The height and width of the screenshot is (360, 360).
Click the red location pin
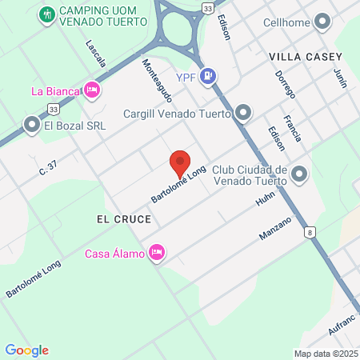pos(180,163)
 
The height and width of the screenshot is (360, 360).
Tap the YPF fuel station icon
pos(208,76)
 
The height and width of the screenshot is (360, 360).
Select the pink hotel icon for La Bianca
pos(92,90)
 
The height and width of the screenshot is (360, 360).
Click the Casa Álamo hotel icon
pos(157,254)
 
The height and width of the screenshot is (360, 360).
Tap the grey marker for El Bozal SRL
pos(32,125)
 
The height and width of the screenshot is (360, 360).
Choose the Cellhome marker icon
pos(322,21)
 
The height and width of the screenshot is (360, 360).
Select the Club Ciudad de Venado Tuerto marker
pos(300,173)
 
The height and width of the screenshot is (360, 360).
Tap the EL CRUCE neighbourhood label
pos(112,218)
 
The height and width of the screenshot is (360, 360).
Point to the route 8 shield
pos(310,232)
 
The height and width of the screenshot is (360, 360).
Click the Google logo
pos(26,350)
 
